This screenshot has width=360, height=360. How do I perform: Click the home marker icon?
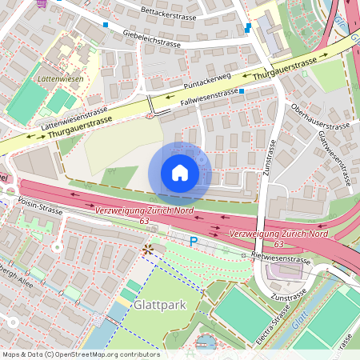tap(180, 173)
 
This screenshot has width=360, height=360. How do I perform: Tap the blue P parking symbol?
tap(193, 241)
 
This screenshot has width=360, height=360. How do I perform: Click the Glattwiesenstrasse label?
tap(334, 158)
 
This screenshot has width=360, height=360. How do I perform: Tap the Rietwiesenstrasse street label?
tap(280, 259)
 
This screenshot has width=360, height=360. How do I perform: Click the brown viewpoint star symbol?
tap(146, 250)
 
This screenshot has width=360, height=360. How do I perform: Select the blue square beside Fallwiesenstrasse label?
tap(242, 92)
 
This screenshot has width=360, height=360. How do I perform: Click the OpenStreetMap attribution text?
tap(80, 354)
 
